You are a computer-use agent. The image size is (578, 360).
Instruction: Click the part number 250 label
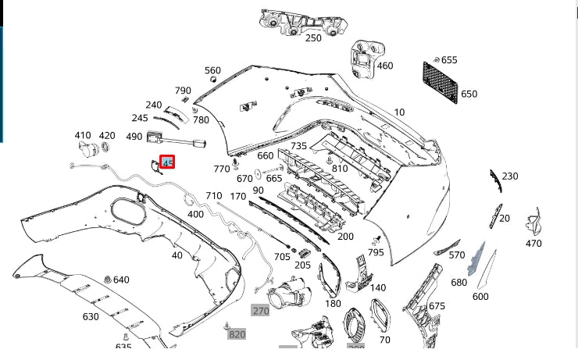coord(313,37)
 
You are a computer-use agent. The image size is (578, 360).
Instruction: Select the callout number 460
coord(384,66)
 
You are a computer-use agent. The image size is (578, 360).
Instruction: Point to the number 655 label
coord(449,60)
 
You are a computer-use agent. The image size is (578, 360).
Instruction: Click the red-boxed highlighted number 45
coord(167,162)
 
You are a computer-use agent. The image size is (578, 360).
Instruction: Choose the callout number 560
coord(212,71)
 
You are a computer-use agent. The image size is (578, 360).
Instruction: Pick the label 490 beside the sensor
coord(134,137)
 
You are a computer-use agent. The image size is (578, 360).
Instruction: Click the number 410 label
coord(83,135)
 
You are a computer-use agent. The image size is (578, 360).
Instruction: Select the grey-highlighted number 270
coord(260,311)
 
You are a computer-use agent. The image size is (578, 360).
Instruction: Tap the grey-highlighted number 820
coord(237,334)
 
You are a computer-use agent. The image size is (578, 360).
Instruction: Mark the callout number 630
coord(91,316)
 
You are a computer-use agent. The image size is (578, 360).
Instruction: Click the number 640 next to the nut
coord(121,280)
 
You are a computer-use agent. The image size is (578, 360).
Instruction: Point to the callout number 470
coord(533,244)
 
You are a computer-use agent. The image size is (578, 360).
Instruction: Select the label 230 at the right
coord(510,176)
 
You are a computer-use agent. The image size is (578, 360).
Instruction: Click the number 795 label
coord(376,252)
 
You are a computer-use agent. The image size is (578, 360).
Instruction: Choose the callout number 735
coord(299,146)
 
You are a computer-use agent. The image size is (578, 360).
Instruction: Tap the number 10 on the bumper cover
coord(399,112)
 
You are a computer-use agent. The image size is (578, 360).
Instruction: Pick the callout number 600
coord(480,296)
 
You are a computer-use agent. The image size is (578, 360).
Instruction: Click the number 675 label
coord(437,306)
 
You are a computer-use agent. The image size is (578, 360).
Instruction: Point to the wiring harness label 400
coord(195,214)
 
